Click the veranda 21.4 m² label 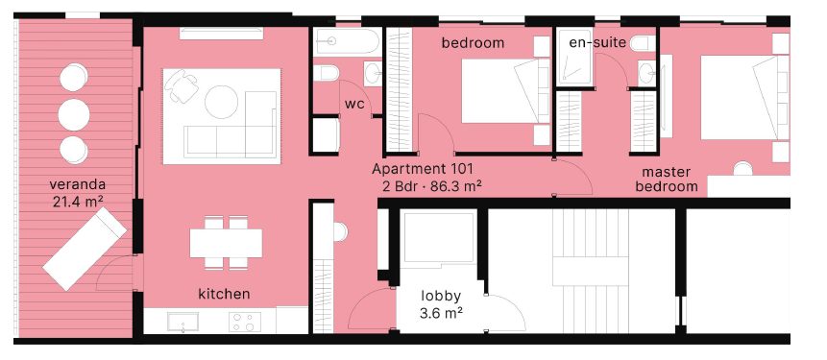78,193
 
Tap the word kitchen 224,294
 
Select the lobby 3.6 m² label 441,304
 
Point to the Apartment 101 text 423,169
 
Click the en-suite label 597,42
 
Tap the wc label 354,104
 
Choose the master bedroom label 667,180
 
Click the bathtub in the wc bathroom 346,41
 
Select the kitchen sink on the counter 182,322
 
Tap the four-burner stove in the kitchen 245,322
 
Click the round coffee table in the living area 222,102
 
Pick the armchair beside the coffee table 181,85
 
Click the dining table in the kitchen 227,243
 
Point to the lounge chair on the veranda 85,249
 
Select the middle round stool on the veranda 74,114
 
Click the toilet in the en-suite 643,43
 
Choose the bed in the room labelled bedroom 505,90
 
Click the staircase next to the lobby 591,271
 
